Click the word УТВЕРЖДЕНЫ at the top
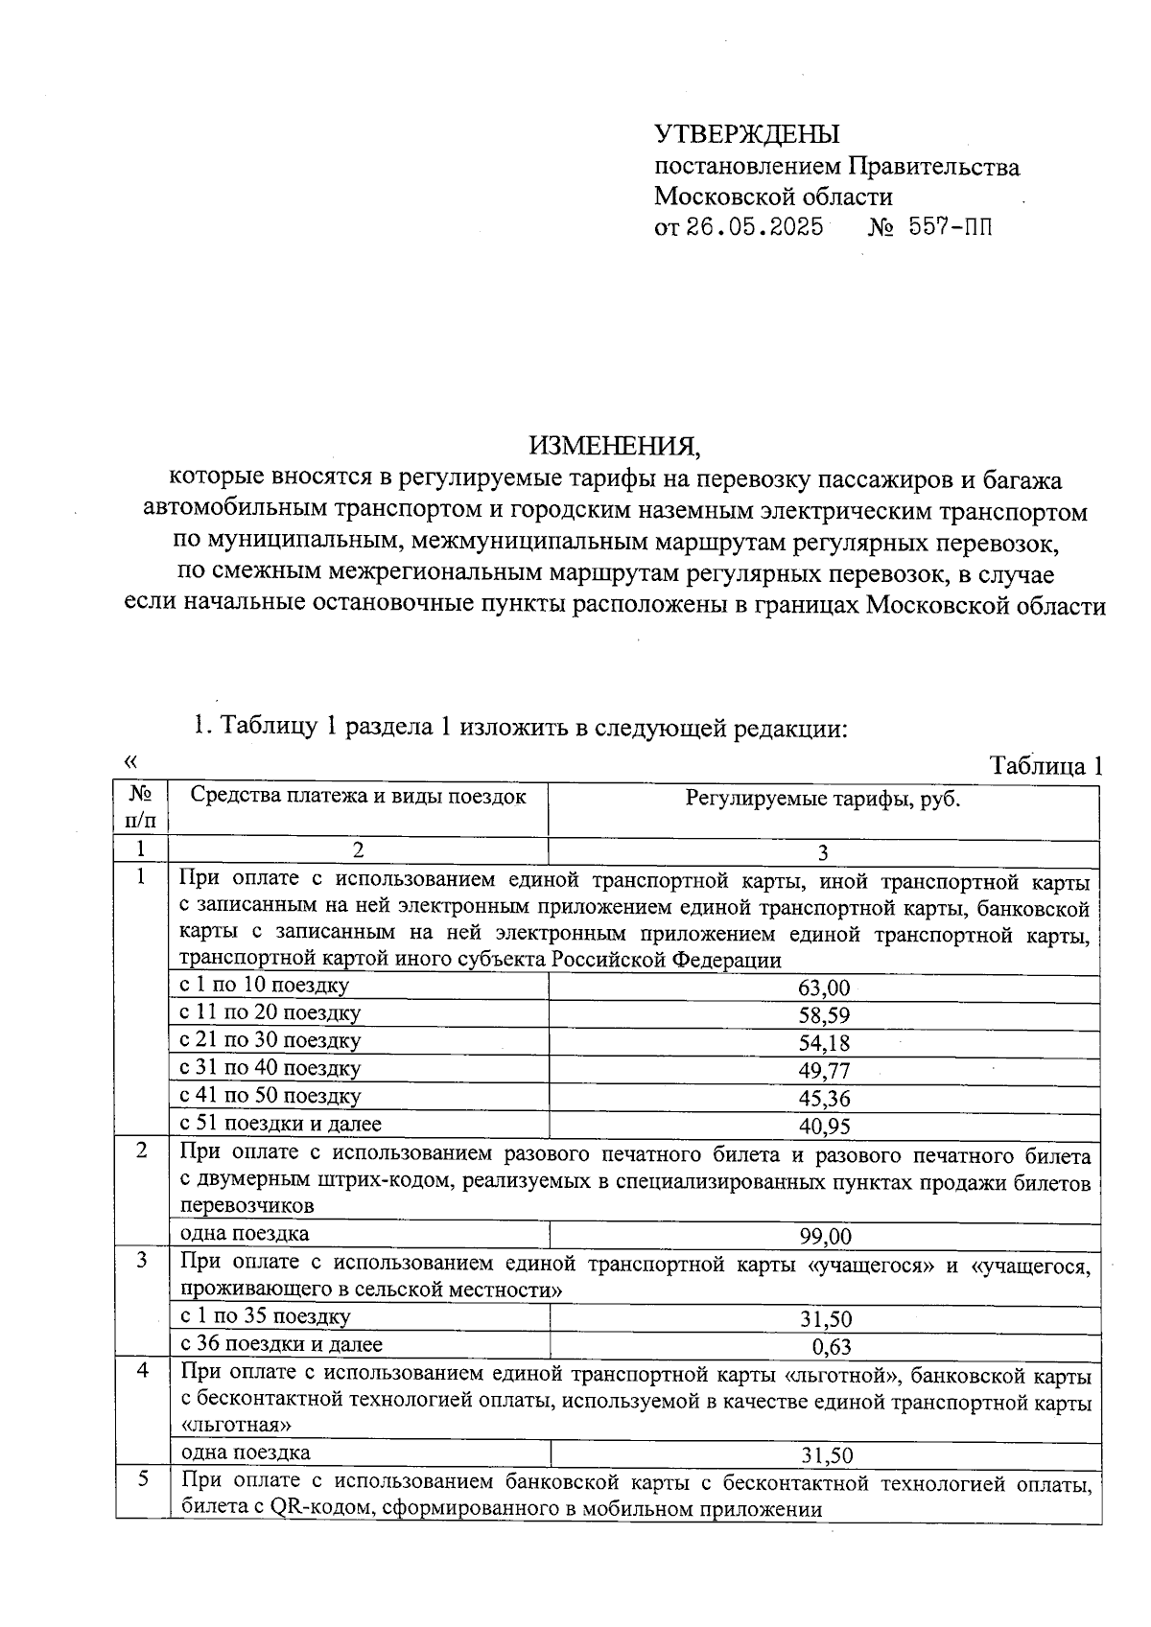coord(746,134)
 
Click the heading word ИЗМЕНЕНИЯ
coord(615,446)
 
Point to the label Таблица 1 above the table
coord(1045,766)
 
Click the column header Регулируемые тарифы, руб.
coord(823,799)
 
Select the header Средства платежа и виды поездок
coord(358,796)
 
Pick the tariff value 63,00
coord(824,988)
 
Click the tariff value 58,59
coord(824,1016)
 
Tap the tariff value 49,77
coord(824,1071)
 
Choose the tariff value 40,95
coord(824,1127)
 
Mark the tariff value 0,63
coord(832,1347)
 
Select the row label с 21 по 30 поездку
coord(270,1040)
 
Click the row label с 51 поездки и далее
coord(281,1124)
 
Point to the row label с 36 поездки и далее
coord(281,1344)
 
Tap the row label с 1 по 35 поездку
coord(266,1316)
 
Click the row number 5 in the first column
coord(142,1479)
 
